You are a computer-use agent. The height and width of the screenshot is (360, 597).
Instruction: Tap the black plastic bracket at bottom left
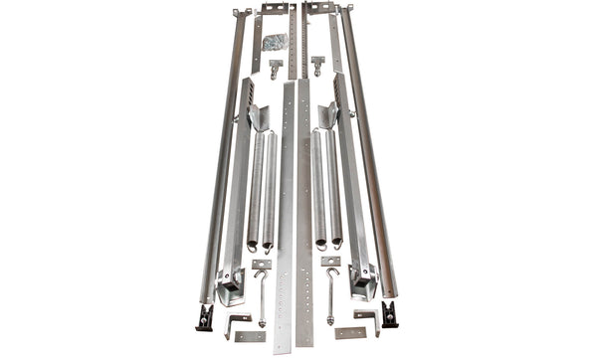[206, 316]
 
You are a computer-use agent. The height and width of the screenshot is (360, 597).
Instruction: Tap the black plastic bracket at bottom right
[389, 315]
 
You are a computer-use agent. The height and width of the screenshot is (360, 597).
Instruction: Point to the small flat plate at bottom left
[250, 335]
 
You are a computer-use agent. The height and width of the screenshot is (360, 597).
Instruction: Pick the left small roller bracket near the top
[275, 68]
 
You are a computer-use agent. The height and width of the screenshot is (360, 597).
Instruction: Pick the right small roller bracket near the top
[317, 66]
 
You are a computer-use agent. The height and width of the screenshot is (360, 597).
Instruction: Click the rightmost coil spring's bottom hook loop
[339, 242]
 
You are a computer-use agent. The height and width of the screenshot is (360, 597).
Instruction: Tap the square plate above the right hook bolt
[331, 262]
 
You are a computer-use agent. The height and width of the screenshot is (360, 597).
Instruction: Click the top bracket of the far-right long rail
[351, 11]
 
